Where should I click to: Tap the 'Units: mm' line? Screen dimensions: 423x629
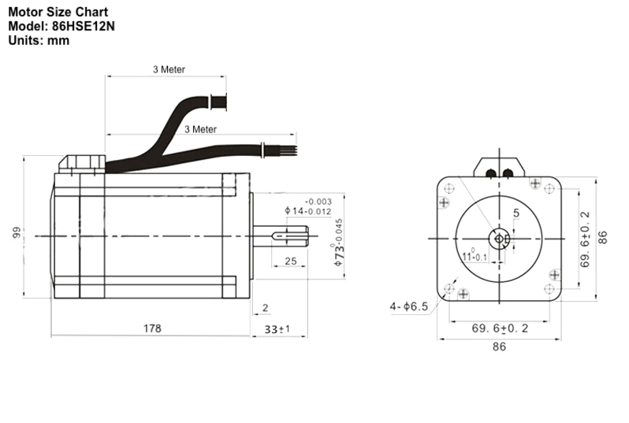coord(39,40)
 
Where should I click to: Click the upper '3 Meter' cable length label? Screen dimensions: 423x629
coord(169,69)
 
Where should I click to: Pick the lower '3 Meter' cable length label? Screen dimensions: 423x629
coord(200,129)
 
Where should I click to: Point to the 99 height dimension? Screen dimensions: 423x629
coord(14,234)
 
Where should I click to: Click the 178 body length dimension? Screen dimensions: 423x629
coord(152,328)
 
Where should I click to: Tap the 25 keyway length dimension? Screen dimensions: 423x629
coord(290,261)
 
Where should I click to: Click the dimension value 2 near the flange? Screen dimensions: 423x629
coord(265,308)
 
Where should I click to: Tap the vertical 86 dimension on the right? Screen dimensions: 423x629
coord(603,237)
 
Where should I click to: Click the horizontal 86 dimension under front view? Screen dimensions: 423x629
coord(499,347)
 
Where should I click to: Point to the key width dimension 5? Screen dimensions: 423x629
coord(515,213)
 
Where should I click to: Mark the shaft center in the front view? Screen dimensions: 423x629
coord(498,237)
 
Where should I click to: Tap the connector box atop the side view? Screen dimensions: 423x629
coord(82,162)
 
